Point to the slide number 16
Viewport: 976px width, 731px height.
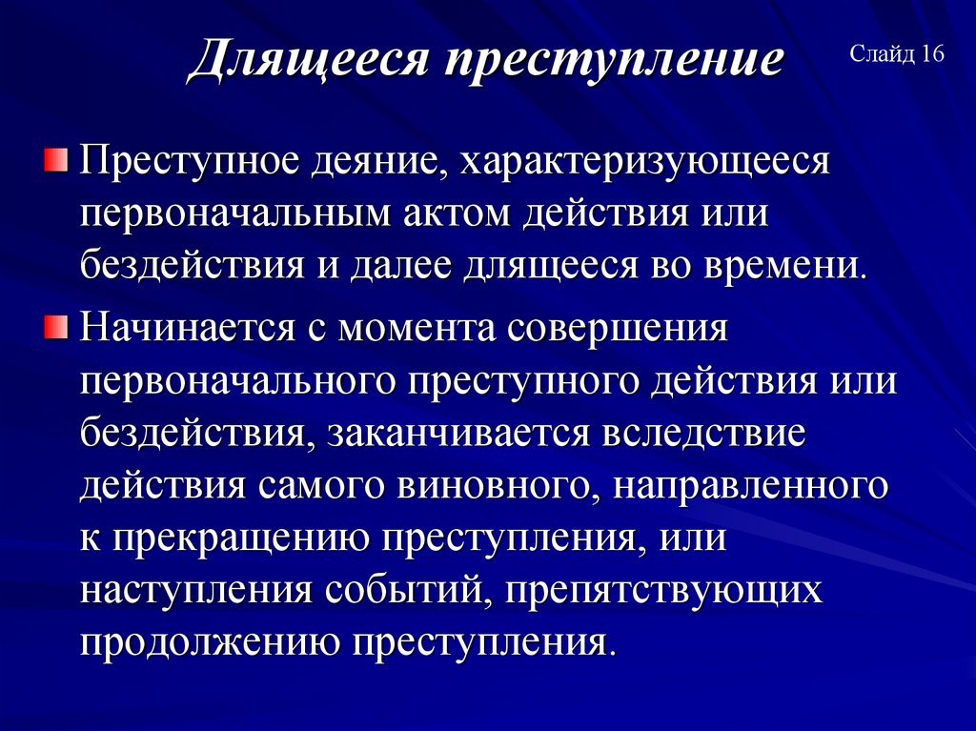[932, 53]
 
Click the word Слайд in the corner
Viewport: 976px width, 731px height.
[883, 53]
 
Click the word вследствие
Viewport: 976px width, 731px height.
[705, 434]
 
